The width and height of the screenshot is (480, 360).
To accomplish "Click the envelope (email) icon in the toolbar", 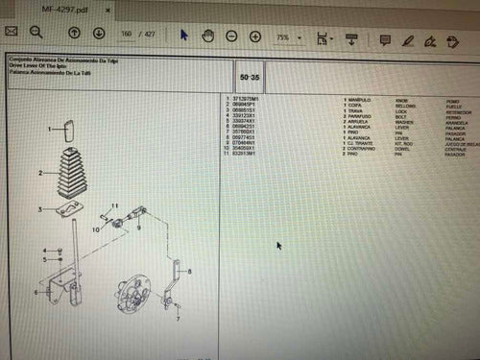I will pos(12,34).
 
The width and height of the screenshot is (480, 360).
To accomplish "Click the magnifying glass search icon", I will pos(39,34).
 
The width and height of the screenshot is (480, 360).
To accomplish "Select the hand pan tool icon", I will pos(207,36).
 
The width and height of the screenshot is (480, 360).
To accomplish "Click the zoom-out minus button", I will pos(231,36).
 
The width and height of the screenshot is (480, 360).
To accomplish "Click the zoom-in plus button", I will pos(255,36).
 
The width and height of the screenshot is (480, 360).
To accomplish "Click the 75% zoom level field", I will pos(285,36).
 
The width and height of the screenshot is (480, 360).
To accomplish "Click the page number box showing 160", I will pos(125,35).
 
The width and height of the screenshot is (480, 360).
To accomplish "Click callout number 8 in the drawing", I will pos(190,273).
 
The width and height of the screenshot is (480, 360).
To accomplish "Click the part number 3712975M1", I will pos(246,99).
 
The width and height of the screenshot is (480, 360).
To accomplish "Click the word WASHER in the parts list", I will pos(403,122).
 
